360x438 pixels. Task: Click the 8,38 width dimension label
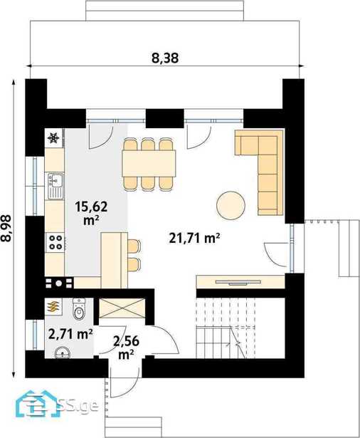tap(165, 58)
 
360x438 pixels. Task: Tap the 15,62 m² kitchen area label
tap(91, 213)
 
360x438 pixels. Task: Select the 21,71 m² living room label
tap(194, 239)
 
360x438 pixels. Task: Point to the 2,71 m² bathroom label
tap(70, 334)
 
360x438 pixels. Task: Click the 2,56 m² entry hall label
tap(126, 348)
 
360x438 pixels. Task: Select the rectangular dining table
tap(149, 163)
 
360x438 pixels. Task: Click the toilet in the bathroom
tap(79, 308)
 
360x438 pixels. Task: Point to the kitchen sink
tap(55, 185)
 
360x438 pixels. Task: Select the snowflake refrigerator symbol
tap(53, 137)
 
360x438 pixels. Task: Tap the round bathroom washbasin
tap(62, 353)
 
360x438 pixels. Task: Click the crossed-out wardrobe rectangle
tap(122, 308)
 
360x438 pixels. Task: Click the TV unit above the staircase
tap(240, 282)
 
